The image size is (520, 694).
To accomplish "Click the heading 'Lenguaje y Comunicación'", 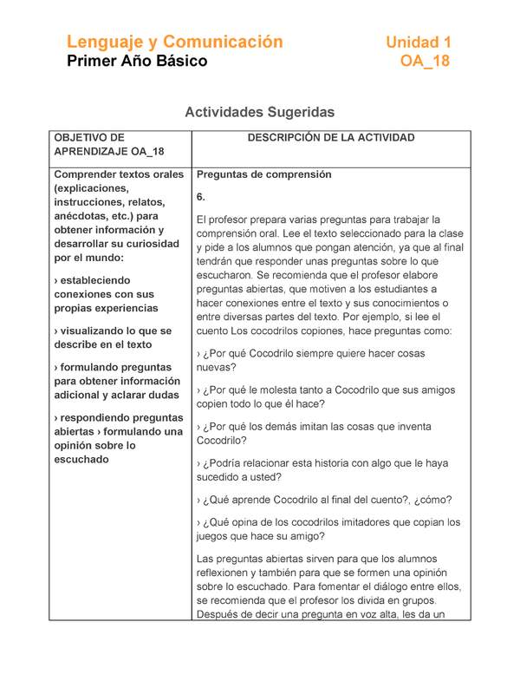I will tap(175, 42).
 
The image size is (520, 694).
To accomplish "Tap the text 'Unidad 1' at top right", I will tap(418, 42).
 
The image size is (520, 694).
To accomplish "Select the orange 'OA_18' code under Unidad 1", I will tap(425, 62).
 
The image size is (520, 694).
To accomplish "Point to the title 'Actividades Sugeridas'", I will tap(259, 113).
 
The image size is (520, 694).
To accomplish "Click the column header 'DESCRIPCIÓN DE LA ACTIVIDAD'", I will tap(331, 138).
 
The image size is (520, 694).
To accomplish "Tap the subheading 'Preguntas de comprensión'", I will tap(264, 174).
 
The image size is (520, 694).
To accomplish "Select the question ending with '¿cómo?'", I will tap(323, 500).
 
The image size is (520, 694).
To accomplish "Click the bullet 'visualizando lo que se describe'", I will tap(113, 337).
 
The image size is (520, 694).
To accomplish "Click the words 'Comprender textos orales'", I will tap(119, 174).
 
